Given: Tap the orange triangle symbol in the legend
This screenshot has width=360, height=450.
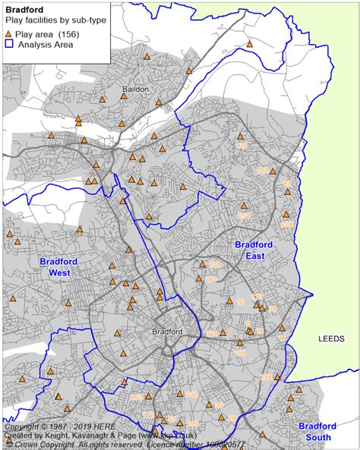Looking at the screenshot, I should (x=8, y=35).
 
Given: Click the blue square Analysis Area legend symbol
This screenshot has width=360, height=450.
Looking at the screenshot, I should (x=8, y=45).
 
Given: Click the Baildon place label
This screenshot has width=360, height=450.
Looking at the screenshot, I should (x=135, y=89).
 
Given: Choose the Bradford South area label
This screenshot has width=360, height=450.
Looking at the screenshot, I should (x=319, y=431).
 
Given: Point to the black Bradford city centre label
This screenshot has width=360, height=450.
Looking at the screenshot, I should (x=168, y=332).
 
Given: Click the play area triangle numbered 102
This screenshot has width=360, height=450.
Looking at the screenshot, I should (x=262, y=172).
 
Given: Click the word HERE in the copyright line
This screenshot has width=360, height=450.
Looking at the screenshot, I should (x=91, y=426).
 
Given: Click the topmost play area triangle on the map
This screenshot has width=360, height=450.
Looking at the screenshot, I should (x=249, y=44).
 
